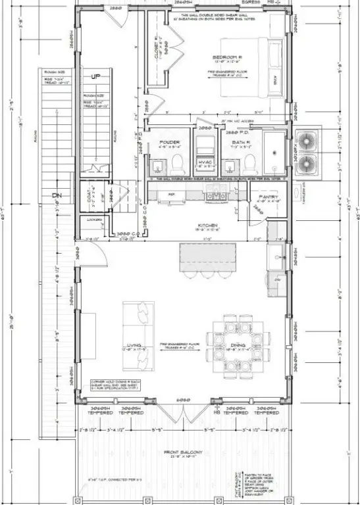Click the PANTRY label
(x=270, y=197)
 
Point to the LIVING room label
(x=134, y=346)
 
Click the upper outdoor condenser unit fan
(x=307, y=140)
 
